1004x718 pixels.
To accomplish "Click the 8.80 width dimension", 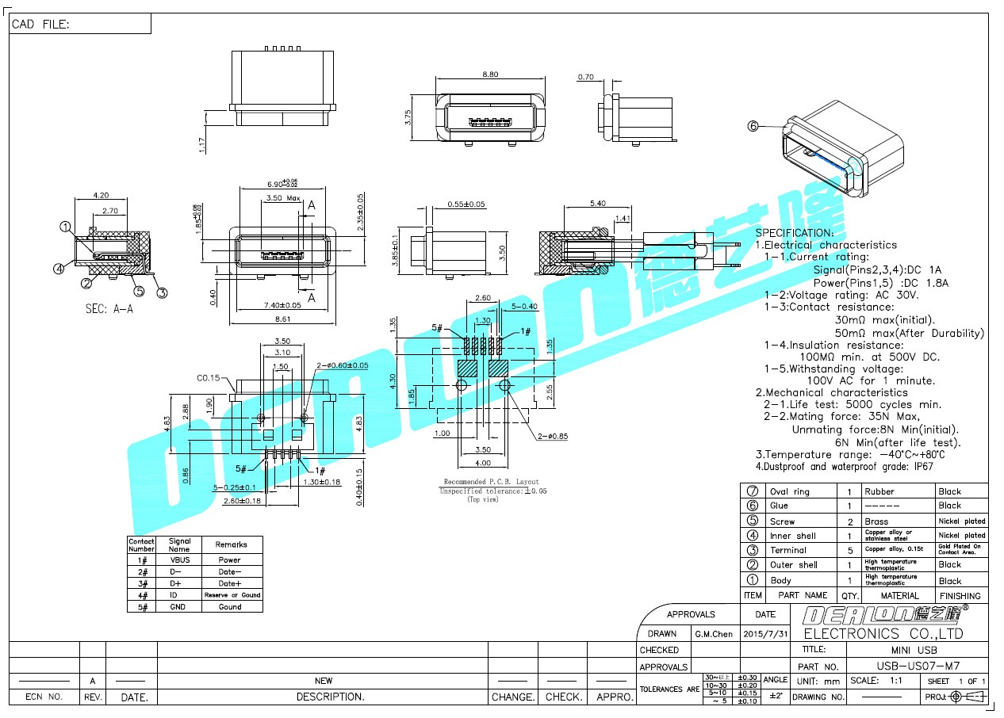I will pyautogui.click(x=490, y=74).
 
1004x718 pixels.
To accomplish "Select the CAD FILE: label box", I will pyautogui.click(x=79, y=25).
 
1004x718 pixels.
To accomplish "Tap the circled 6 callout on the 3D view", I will pyautogui.click(x=753, y=125).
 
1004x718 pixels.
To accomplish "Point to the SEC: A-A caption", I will pyautogui.click(x=109, y=309).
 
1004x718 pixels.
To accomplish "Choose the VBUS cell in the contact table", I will pyautogui.click(x=180, y=560).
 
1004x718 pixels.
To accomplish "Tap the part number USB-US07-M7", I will pyautogui.click(x=916, y=666).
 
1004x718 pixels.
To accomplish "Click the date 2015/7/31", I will pyautogui.click(x=766, y=634).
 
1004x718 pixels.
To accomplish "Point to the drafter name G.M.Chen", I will pyautogui.click(x=714, y=634).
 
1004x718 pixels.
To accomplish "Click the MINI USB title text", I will pyautogui.click(x=917, y=650).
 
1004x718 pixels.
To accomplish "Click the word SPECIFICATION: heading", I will pyautogui.click(x=794, y=233).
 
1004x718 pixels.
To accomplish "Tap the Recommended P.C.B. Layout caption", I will pyautogui.click(x=491, y=482).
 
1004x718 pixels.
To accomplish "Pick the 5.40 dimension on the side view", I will pyautogui.click(x=597, y=204).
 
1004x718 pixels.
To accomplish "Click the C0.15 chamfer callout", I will pyautogui.click(x=209, y=378).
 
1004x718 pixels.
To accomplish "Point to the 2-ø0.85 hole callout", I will pyautogui.click(x=551, y=436).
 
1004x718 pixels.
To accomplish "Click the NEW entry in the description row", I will pyautogui.click(x=324, y=681).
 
